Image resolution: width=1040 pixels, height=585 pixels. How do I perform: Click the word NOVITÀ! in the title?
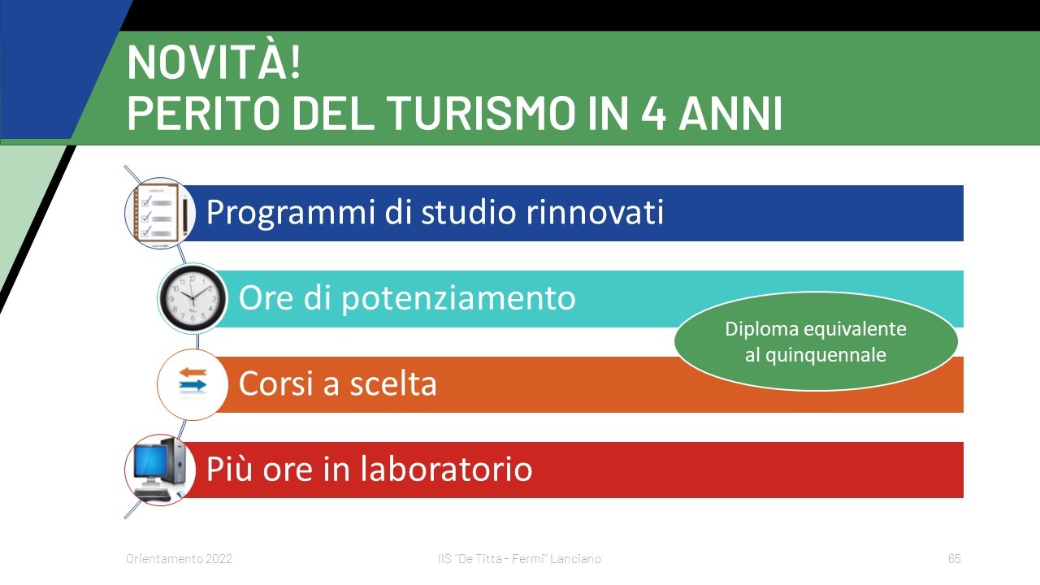coord(214,63)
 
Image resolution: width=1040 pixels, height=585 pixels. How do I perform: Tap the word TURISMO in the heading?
coord(480,112)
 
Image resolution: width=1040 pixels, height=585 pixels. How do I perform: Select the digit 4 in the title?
coord(653,112)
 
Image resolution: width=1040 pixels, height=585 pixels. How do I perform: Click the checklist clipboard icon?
coord(160,213)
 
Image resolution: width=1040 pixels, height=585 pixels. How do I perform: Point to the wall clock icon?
coord(193,298)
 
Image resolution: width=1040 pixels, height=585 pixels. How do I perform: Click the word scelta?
coord(393,383)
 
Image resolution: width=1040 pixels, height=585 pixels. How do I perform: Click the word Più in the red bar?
coord(229,469)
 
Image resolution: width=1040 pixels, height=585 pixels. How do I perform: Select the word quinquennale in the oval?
coord(825,356)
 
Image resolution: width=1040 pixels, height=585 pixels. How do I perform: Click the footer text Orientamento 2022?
coord(179,558)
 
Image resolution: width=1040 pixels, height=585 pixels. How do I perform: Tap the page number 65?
coord(955,558)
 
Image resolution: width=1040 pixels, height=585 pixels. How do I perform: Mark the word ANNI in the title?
coord(730,112)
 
